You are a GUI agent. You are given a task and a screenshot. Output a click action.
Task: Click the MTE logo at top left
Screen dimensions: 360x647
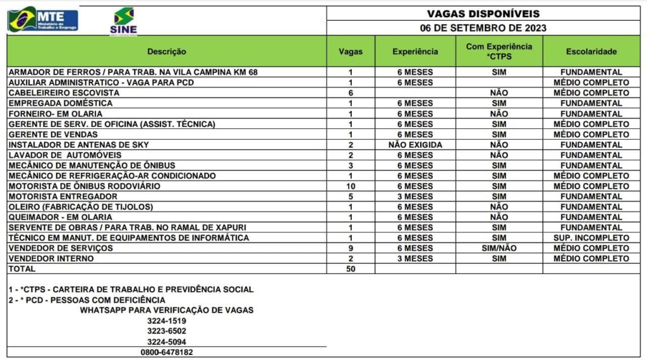[x=43, y=19]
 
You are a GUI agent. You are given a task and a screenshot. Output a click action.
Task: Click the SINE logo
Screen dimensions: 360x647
[x=123, y=21]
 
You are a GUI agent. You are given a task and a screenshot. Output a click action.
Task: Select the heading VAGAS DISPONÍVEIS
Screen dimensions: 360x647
[x=483, y=13]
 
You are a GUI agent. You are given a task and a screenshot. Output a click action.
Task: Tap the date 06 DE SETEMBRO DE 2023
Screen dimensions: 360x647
[x=483, y=28]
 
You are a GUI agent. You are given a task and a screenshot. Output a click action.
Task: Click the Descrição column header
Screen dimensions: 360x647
[x=167, y=52]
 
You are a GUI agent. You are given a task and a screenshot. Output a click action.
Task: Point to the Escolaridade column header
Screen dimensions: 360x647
[x=591, y=52]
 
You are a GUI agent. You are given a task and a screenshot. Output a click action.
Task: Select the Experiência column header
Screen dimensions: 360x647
[x=415, y=52]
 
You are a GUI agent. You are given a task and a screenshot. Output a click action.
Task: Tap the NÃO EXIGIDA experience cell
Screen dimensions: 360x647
[x=415, y=145]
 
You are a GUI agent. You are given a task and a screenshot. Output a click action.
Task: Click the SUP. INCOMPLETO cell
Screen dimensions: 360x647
[x=591, y=238]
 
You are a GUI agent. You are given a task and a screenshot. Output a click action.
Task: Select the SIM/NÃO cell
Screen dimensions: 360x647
[x=499, y=248]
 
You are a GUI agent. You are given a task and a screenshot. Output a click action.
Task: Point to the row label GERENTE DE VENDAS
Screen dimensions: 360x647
[x=53, y=135]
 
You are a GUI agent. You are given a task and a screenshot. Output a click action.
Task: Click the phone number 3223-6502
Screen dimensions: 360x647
[x=167, y=331]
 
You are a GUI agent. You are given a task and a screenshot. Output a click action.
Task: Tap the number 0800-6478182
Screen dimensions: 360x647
[x=167, y=352]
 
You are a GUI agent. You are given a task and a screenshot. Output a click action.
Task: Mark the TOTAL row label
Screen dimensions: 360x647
[x=22, y=269]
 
